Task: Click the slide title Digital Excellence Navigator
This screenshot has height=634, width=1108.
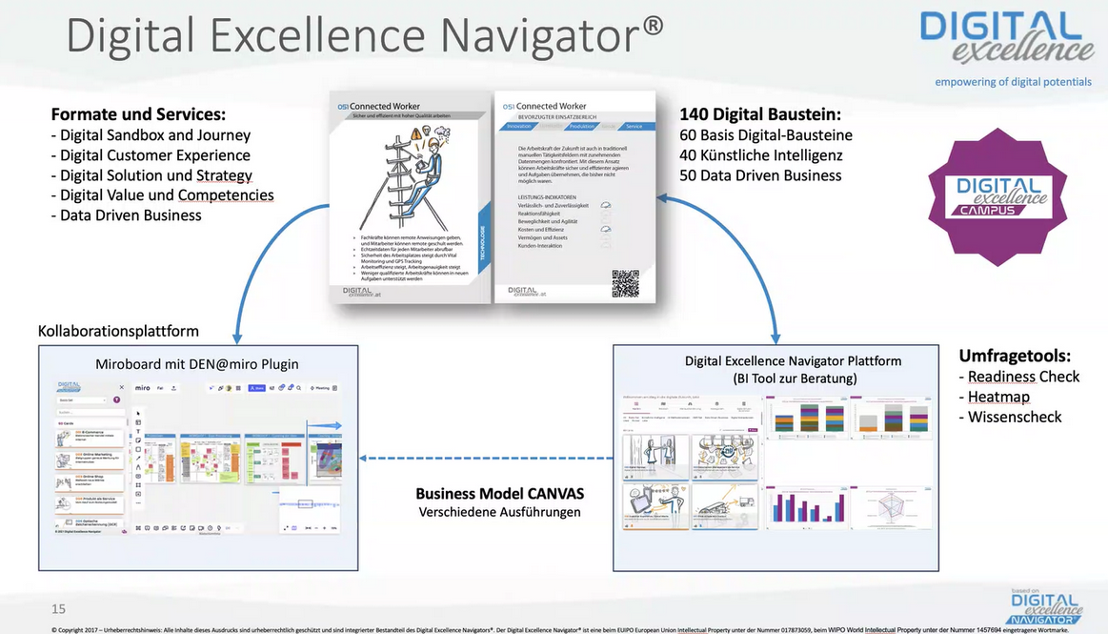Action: [365, 36]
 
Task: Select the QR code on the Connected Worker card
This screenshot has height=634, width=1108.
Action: [625, 283]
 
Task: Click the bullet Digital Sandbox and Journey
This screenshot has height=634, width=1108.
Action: [151, 135]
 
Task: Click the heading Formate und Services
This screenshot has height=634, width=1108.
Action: [138, 113]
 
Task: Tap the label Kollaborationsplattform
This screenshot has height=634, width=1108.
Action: [118, 331]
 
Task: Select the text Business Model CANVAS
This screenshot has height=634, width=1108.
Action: [499, 494]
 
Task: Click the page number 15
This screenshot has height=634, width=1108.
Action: [59, 608]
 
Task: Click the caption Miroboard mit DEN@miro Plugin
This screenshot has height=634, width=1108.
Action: [196, 363]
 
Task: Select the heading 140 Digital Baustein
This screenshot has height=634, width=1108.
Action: [759, 113]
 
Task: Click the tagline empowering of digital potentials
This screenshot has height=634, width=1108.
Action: [1013, 82]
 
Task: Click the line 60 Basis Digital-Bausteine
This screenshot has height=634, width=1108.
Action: [766, 135]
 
